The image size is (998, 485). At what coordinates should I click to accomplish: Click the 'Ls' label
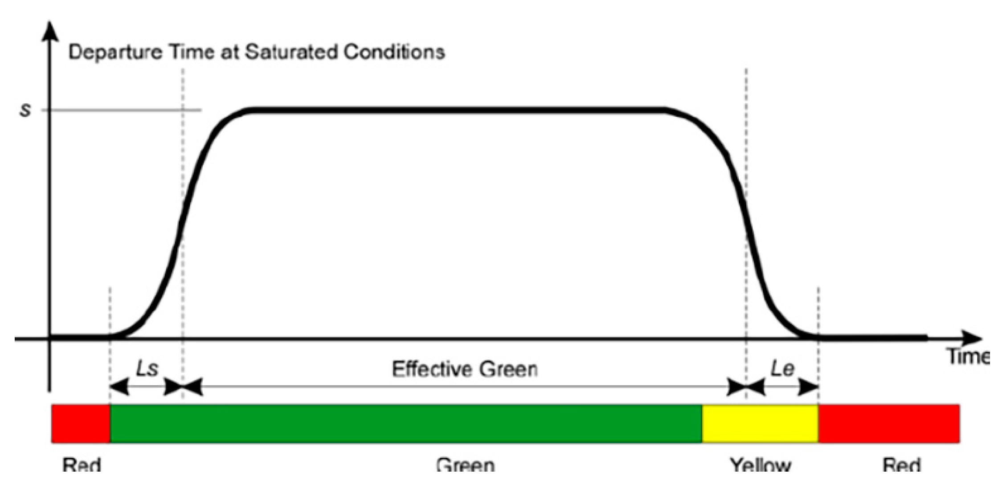[x=147, y=369]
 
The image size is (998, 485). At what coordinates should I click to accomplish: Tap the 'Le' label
[x=782, y=369]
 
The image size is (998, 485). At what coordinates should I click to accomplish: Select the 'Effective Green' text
[x=465, y=369]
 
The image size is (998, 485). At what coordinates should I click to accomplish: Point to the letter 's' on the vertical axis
[x=25, y=110]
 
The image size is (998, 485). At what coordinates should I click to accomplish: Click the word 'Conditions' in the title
[x=394, y=52]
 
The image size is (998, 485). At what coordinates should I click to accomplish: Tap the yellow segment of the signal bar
[x=760, y=424]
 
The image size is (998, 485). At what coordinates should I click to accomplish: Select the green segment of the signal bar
[x=406, y=424]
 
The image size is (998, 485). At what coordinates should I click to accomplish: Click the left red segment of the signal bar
[x=81, y=424]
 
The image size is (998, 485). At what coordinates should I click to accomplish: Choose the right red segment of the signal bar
[x=888, y=424]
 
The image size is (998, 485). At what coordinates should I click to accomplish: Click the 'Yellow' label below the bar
[x=760, y=466]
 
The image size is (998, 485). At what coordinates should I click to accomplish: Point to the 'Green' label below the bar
[x=465, y=466]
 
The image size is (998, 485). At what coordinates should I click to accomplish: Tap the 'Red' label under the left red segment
[x=82, y=466]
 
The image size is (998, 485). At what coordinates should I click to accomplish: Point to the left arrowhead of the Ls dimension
[x=119, y=387]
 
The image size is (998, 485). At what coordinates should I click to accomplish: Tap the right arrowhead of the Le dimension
[x=808, y=387]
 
